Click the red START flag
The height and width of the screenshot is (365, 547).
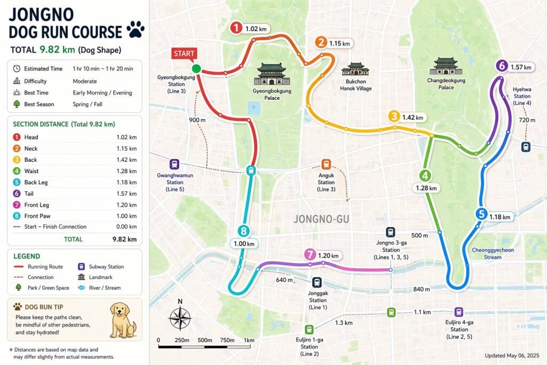pyautogui.click(x=184, y=53)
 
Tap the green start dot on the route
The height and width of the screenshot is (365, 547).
pyautogui.click(x=196, y=68)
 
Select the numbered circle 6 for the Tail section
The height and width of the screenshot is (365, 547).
pyautogui.click(x=501, y=66)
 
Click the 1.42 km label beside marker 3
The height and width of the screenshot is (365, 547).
pyautogui.click(x=412, y=117)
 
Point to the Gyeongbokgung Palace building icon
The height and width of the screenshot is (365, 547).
pyautogui.click(x=271, y=74)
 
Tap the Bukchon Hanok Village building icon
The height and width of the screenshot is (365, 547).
pyautogui.click(x=355, y=69)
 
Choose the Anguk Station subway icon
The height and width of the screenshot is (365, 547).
pyautogui.click(x=326, y=165)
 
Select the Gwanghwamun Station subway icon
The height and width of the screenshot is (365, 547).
pyautogui.click(x=174, y=164)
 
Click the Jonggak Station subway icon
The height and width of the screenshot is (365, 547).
pyautogui.click(x=317, y=283)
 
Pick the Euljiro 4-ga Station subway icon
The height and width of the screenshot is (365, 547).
pyautogui.click(x=458, y=312)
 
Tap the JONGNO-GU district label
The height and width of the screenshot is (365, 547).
pyautogui.click(x=317, y=219)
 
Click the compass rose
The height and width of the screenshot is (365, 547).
pyautogui.click(x=180, y=319)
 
